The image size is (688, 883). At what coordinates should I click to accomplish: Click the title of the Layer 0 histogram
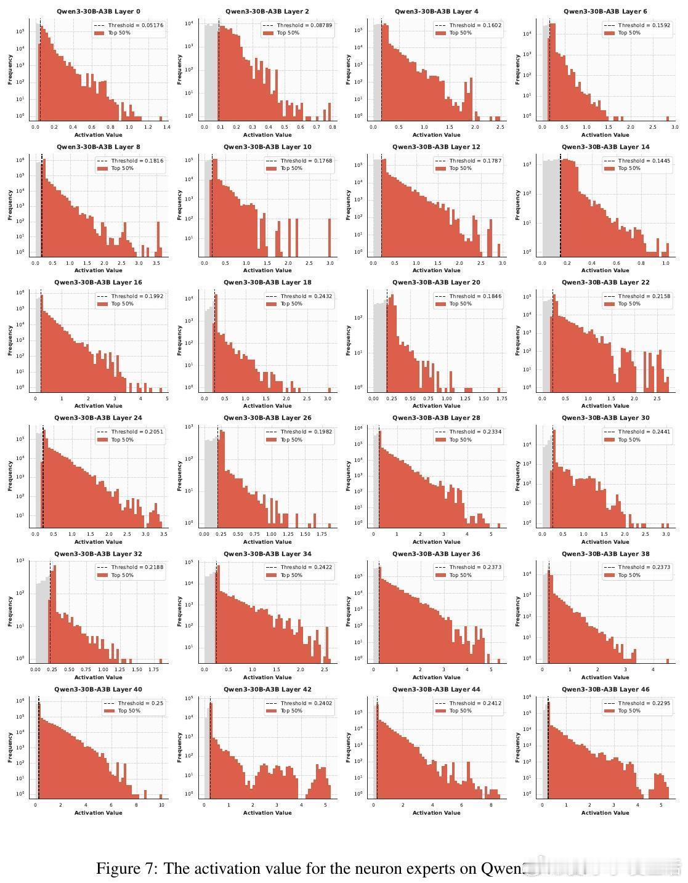coord(98,11)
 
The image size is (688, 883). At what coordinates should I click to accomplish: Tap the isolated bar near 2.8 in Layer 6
coord(668,118)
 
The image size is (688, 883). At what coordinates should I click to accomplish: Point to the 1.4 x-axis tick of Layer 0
coord(166,127)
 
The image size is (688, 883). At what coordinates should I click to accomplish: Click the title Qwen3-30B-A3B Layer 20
coord(436,283)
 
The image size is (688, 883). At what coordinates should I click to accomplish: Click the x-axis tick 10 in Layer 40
coord(161,805)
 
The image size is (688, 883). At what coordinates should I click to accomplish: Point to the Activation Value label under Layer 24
coord(98,542)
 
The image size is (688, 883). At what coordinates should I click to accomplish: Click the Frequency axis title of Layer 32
coord(10,611)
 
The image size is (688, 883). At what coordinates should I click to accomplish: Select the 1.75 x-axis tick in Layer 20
coord(501,398)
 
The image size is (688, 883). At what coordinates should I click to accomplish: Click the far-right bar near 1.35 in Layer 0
coord(160,118)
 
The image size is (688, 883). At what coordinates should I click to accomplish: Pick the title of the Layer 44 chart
coord(436,690)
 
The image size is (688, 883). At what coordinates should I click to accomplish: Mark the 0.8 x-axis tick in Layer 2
coord(333,127)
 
